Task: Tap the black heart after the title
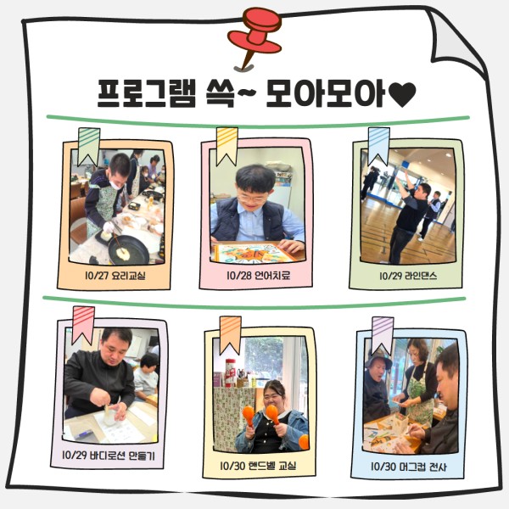click(402, 94)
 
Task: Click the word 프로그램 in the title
click(147, 93)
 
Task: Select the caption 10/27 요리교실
click(115, 276)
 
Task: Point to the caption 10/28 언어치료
click(259, 276)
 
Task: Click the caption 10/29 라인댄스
click(408, 276)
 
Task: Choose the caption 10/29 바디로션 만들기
click(109, 456)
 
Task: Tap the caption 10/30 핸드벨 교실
click(258, 466)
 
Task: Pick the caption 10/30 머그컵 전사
click(408, 467)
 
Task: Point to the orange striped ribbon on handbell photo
click(231, 335)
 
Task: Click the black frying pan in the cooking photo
click(128, 249)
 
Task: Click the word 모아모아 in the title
click(326, 93)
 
